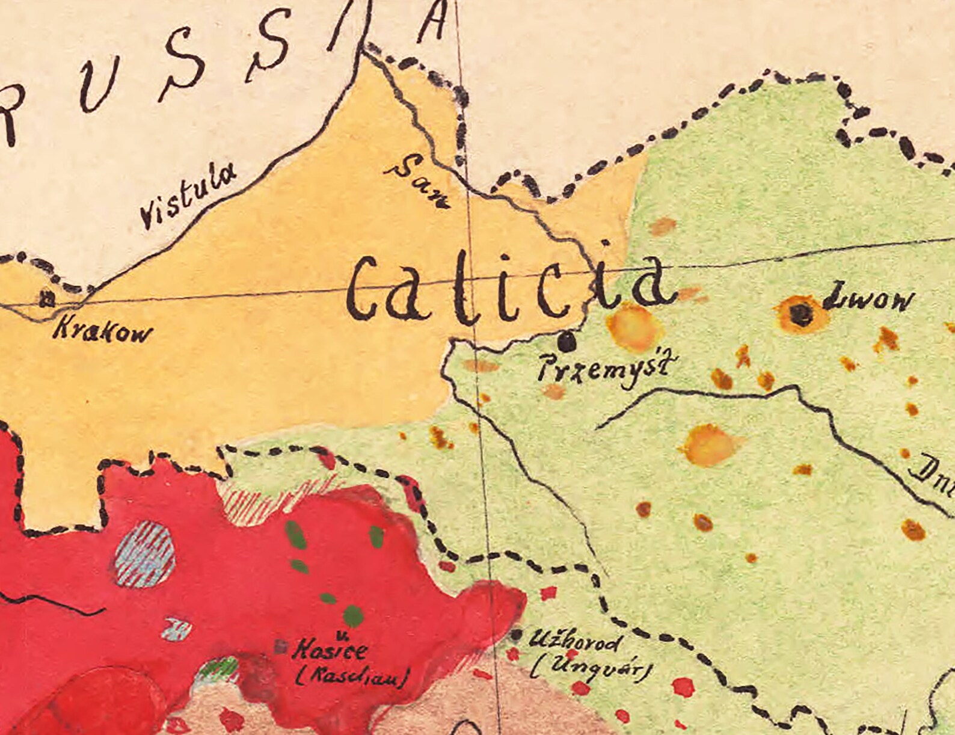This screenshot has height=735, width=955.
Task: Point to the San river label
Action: click(x=417, y=181)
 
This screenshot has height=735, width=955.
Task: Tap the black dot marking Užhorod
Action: click(x=516, y=635)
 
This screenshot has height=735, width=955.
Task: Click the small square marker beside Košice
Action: click(x=280, y=647)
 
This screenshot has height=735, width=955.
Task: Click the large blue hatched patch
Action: click(x=145, y=555)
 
